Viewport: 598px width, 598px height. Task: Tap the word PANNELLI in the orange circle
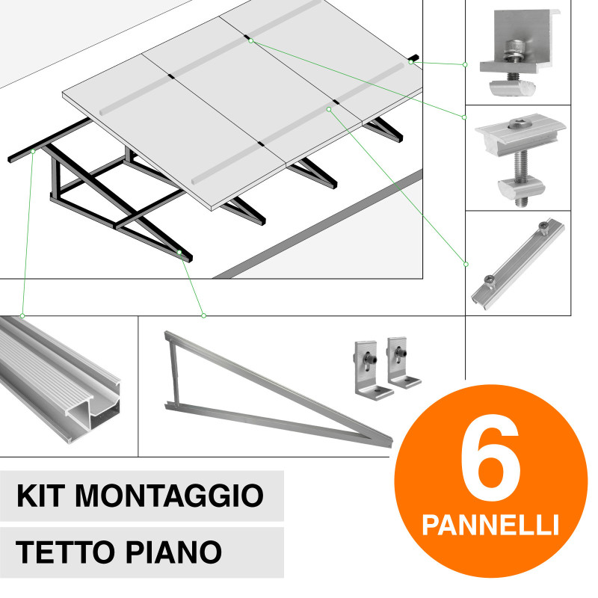click(490, 524)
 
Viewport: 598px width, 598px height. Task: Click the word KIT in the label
click(40, 495)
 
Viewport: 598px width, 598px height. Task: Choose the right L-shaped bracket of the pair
click(399, 363)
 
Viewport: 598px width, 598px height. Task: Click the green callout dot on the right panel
click(329, 109)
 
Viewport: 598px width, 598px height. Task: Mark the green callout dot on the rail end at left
click(34, 152)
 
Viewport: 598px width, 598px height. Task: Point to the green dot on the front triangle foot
click(180, 253)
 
